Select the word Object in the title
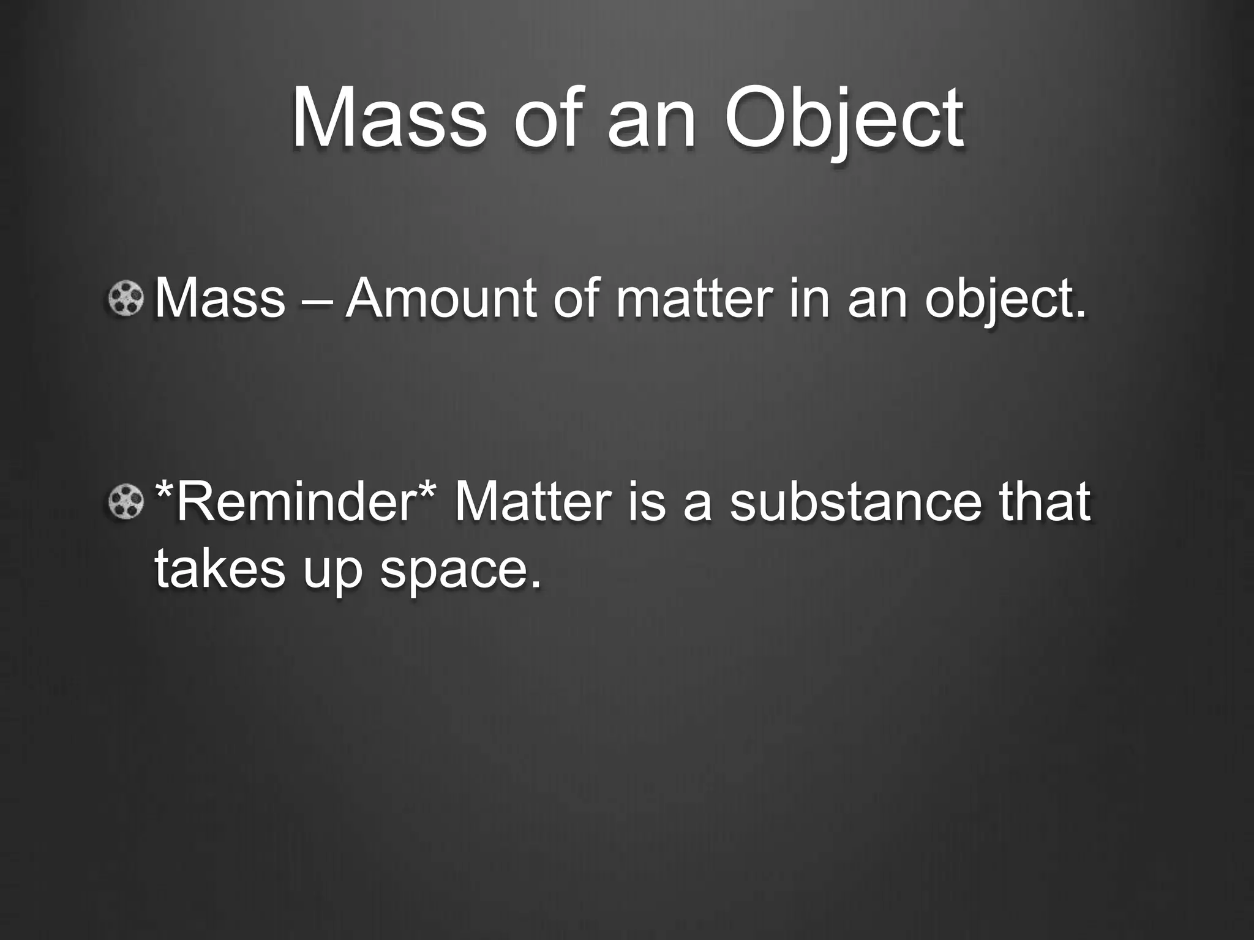(843, 120)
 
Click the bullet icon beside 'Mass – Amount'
(126, 299)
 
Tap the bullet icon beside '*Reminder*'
(126, 501)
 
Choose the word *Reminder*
(296, 501)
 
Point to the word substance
(855, 501)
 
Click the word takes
(220, 567)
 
